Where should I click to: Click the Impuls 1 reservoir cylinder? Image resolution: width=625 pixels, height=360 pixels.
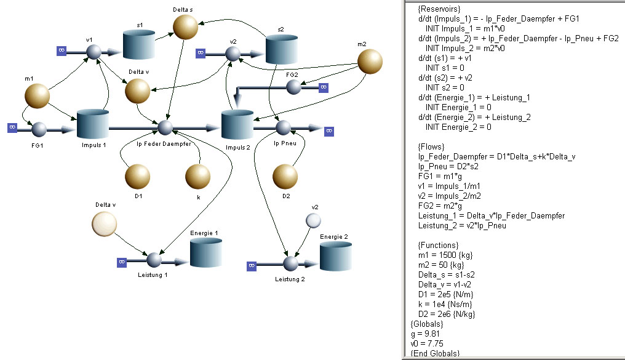[92, 124]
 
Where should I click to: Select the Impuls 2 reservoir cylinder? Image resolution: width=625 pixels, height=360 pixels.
[237, 125]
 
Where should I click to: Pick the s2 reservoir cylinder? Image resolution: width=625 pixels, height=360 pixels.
[281, 49]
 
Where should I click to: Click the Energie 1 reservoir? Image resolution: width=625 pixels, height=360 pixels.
[205, 252]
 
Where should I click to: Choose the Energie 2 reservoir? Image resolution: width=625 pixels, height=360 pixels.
[336, 257]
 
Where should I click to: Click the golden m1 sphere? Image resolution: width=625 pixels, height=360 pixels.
[37, 95]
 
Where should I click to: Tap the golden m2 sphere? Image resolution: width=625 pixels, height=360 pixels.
[370, 62]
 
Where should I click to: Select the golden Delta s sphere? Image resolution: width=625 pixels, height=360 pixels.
[185, 26]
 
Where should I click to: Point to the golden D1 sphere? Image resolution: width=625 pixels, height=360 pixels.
[138, 177]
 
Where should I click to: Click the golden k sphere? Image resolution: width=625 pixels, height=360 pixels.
[197, 177]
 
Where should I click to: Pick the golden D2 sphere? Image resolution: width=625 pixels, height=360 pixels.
[285, 177]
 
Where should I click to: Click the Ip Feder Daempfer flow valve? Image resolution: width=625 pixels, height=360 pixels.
[165, 128]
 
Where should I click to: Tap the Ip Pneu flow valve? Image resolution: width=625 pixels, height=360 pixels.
[283, 128]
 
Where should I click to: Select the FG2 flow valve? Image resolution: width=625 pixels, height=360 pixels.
[293, 87]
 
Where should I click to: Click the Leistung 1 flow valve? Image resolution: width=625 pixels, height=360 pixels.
[154, 260]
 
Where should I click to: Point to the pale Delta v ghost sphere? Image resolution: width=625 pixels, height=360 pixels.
[105, 224]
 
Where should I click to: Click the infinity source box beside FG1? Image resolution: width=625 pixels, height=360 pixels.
[12, 127]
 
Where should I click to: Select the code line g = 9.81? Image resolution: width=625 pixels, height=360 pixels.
[425, 334]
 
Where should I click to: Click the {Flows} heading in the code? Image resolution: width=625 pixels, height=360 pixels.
[431, 146]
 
